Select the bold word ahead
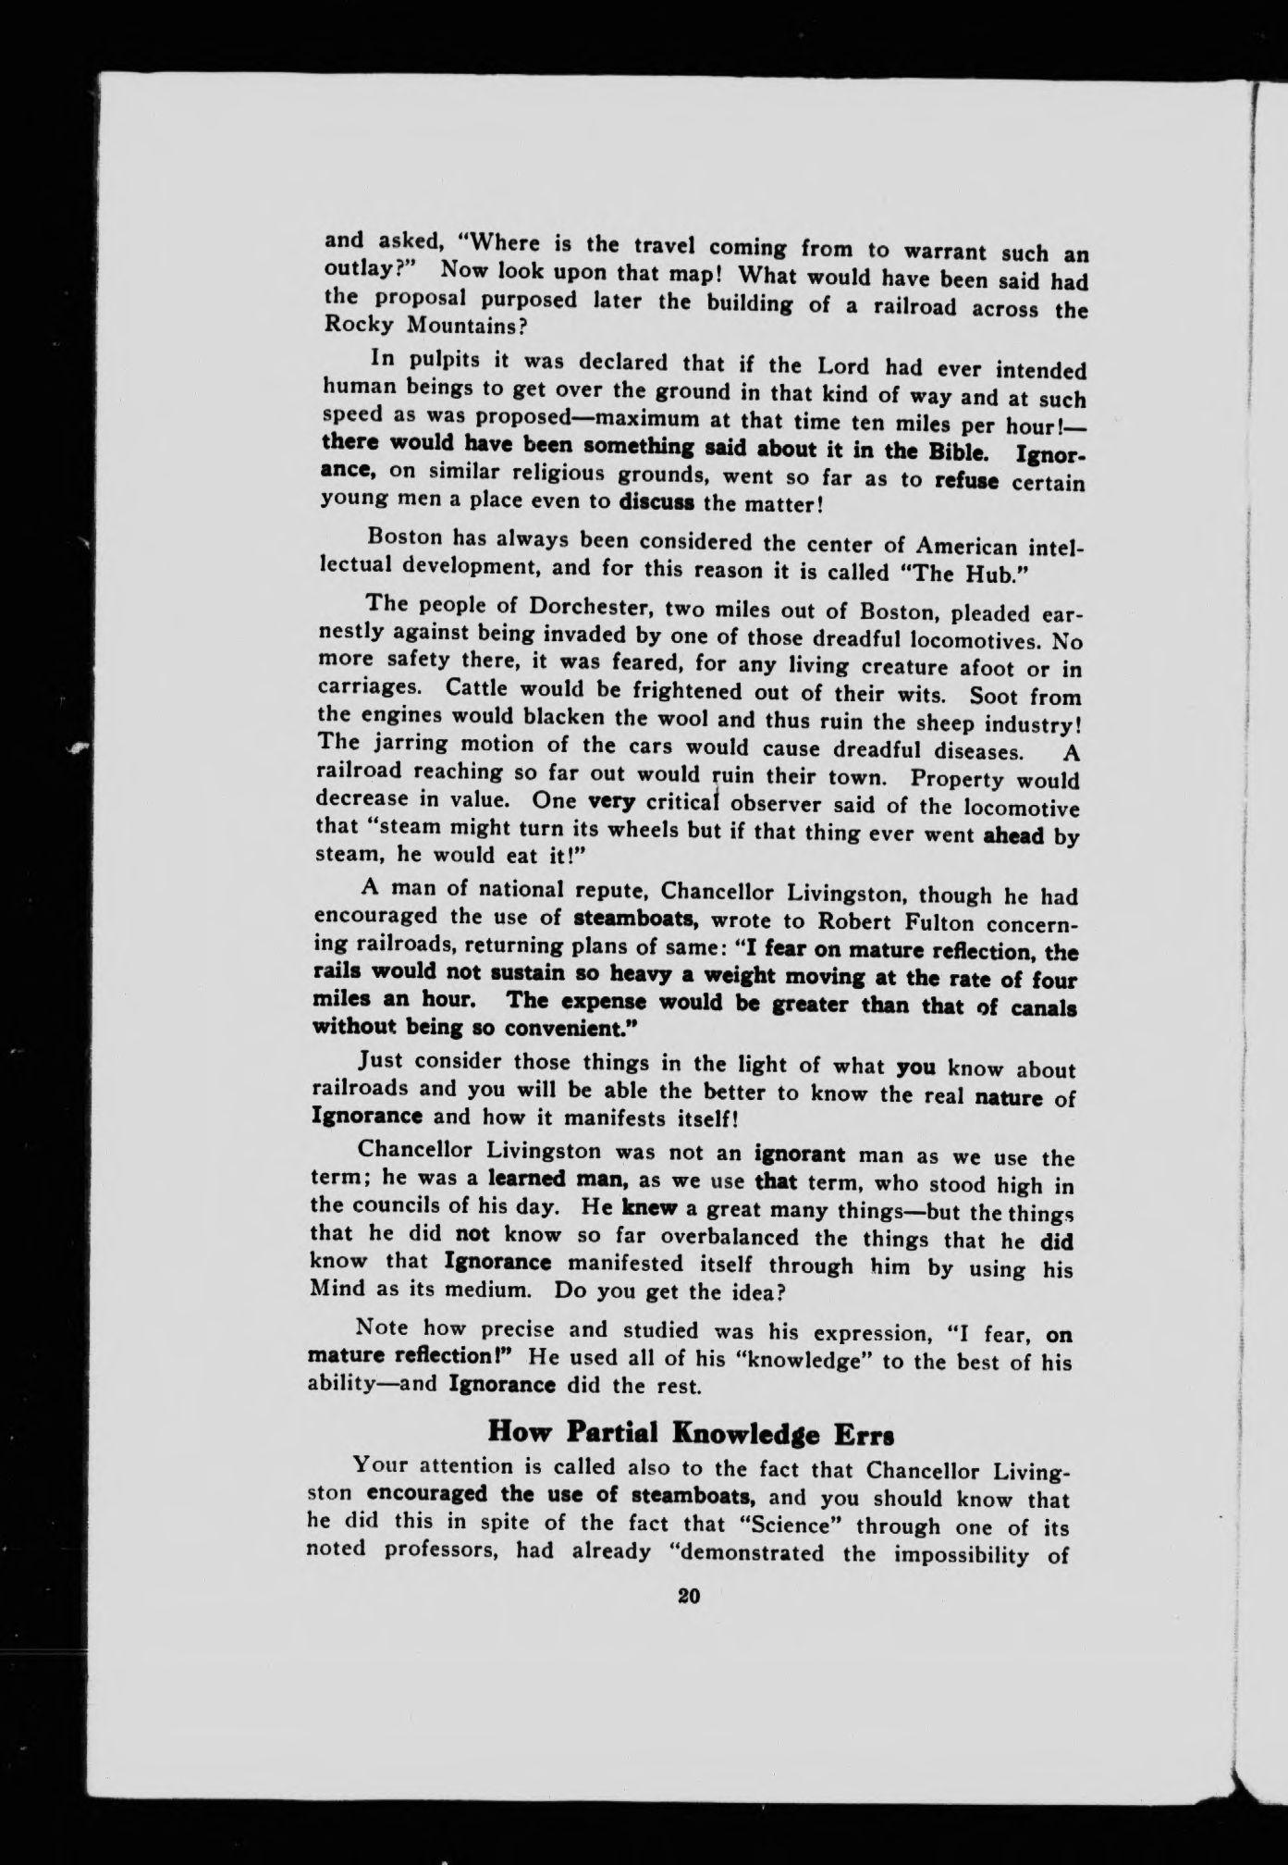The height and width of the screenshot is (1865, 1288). coord(1013,835)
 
